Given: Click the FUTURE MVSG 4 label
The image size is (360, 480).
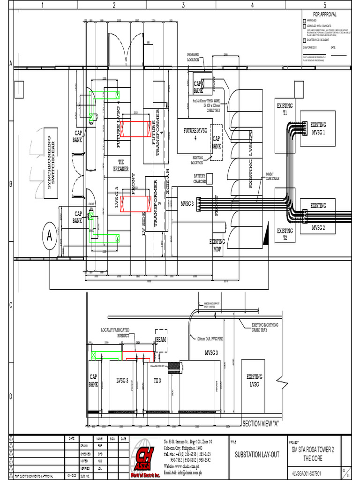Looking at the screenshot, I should pyautogui.click(x=195, y=135).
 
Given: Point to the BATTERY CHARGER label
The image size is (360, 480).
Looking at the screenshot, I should pyautogui.click(x=200, y=179).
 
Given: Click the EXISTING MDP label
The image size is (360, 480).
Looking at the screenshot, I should pyautogui.click(x=217, y=245).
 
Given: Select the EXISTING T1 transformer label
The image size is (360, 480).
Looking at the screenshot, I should pyautogui.click(x=285, y=110).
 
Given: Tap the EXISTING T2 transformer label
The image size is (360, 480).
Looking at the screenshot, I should pyautogui.click(x=285, y=233).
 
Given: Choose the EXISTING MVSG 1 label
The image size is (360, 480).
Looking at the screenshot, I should pyautogui.click(x=318, y=128).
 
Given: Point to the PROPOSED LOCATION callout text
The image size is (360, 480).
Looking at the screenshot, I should pyautogui.click(x=193, y=57).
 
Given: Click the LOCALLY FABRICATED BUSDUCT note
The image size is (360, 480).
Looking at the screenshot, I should pyautogui.click(x=115, y=333).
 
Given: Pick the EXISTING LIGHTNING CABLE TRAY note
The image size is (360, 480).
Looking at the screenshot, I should pyautogui.click(x=265, y=327).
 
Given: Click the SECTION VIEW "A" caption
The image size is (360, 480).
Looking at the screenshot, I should pyautogui.click(x=260, y=424).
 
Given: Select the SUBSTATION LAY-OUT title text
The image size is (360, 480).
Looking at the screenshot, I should pyautogui.click(x=257, y=455).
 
